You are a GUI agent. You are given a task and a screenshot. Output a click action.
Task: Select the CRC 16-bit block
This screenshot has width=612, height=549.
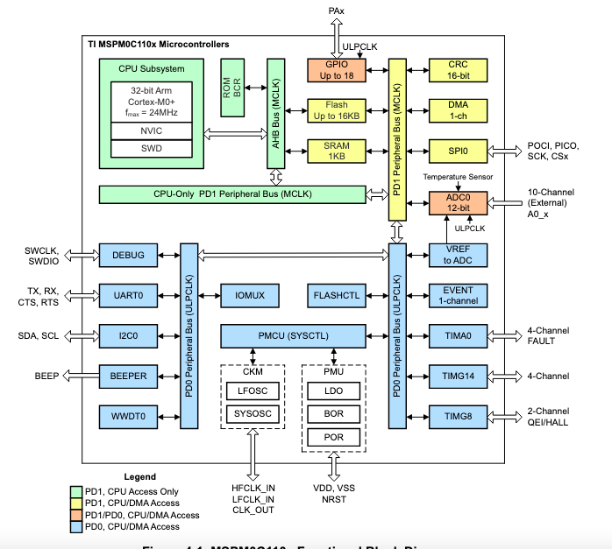[458, 71]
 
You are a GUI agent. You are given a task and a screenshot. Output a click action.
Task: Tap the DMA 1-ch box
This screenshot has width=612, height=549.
[458, 110]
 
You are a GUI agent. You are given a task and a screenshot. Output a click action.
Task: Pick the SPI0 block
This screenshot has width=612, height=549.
[458, 151]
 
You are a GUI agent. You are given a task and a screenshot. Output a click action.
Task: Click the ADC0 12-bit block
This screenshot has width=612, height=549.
[458, 204]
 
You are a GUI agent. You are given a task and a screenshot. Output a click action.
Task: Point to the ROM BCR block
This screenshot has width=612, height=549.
[232, 88]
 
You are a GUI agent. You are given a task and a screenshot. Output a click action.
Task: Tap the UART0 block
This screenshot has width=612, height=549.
[128, 296]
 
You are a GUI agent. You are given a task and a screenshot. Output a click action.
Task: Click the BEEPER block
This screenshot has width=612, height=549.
[128, 377]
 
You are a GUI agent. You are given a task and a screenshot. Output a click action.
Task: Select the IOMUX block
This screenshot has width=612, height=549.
[250, 296]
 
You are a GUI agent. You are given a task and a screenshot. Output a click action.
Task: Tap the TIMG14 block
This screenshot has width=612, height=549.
[458, 377]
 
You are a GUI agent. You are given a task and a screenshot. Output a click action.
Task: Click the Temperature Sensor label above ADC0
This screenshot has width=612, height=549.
[458, 177]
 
